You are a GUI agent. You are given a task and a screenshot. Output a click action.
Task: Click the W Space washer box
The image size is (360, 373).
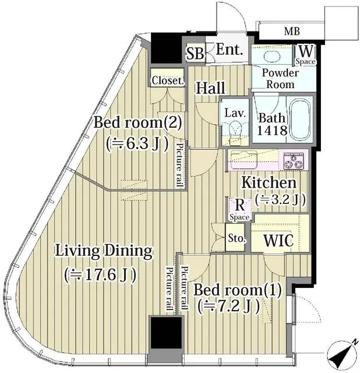[x=305, y=54]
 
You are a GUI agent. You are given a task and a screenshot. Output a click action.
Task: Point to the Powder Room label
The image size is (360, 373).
[x=280, y=79]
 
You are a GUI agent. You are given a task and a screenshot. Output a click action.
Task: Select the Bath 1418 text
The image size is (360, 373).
[x=273, y=124]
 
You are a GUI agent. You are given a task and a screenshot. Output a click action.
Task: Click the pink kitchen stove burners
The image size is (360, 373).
[x=295, y=159]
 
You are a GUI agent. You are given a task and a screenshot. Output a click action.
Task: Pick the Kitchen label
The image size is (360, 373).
[x=269, y=182]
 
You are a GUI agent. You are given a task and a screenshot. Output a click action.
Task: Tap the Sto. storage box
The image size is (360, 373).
[x=237, y=239]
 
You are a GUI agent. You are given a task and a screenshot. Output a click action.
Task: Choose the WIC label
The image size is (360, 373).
[x=278, y=240]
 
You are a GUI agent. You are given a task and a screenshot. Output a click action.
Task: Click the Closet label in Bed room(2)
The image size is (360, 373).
[x=168, y=81]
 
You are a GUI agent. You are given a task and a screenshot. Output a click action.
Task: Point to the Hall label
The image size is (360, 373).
[x=210, y=89]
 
